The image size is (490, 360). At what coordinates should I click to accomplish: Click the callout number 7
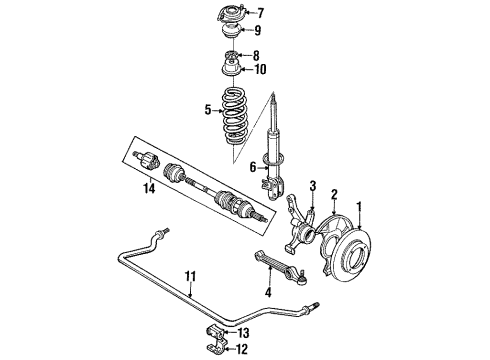click(x=261, y=13)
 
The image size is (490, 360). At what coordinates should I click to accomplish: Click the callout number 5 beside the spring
click(x=207, y=111)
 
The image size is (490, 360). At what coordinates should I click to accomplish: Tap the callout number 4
click(x=267, y=294)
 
